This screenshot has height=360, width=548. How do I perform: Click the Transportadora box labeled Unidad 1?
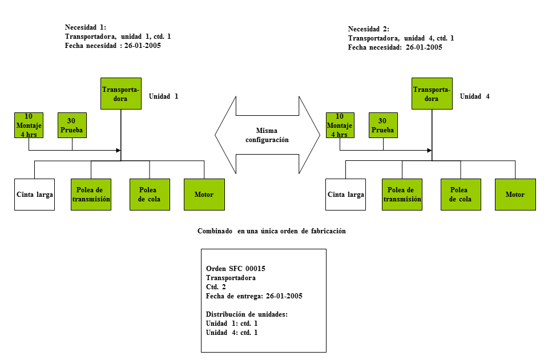pyautogui.click(x=121, y=94)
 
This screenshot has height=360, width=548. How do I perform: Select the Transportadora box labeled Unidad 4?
pyautogui.click(x=432, y=94)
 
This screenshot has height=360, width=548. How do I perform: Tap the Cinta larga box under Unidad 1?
pyautogui.click(x=35, y=195)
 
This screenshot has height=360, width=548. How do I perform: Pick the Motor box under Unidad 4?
pyautogui.click(x=515, y=195)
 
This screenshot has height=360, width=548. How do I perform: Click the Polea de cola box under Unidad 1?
pyautogui.click(x=150, y=195)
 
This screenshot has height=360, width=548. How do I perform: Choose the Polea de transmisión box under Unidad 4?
pyautogui.click(x=402, y=195)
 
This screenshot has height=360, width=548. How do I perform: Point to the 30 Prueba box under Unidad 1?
pyautogui.click(x=72, y=126)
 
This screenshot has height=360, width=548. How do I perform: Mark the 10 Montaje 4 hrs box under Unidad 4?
pyautogui.click(x=340, y=126)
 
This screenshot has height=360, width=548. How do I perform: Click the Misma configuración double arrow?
pyautogui.click(x=267, y=135)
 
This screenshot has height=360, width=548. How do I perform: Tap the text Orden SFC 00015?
pyautogui.click(x=236, y=269)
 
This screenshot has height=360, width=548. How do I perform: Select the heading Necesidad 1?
pyautogui.click(x=86, y=27)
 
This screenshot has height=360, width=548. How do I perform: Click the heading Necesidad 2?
pyautogui.click(x=369, y=29)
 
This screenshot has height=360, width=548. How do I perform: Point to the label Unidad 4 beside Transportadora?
pyautogui.click(x=474, y=96)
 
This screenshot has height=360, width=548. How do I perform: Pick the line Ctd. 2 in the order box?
pyautogui.click(x=216, y=287)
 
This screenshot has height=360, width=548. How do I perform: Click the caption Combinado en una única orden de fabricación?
pyautogui.click(x=272, y=231)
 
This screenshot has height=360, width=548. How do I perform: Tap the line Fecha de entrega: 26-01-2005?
pyautogui.click(x=254, y=296)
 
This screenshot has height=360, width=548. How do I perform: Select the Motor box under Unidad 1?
pyautogui.click(x=204, y=195)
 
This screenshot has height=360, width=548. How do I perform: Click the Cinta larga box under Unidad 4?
pyautogui.click(x=346, y=195)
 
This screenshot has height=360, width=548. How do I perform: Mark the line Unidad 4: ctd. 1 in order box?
pyautogui.click(x=232, y=333)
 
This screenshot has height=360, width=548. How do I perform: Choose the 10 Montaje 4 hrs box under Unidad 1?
pyautogui.click(x=29, y=126)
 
